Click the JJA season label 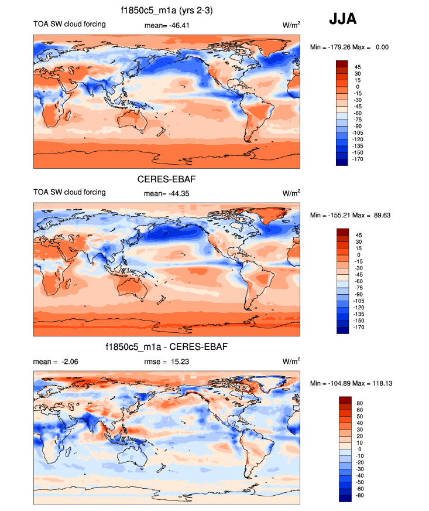pyautogui.click(x=342, y=19)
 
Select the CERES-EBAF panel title pyautogui.click(x=166, y=179)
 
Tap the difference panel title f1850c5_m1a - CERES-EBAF pyautogui.click(x=166, y=347)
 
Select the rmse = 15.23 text pyautogui.click(x=166, y=362)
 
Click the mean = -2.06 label pyautogui.click(x=56, y=362)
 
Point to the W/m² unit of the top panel pyautogui.click(x=291, y=25)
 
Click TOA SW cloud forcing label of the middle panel pyautogui.click(x=70, y=192)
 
